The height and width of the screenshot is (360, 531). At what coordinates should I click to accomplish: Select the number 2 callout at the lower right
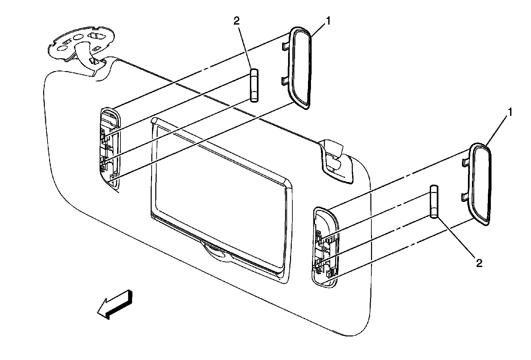(x=479, y=263)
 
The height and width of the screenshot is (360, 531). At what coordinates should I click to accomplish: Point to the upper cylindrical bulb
(x=254, y=86)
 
